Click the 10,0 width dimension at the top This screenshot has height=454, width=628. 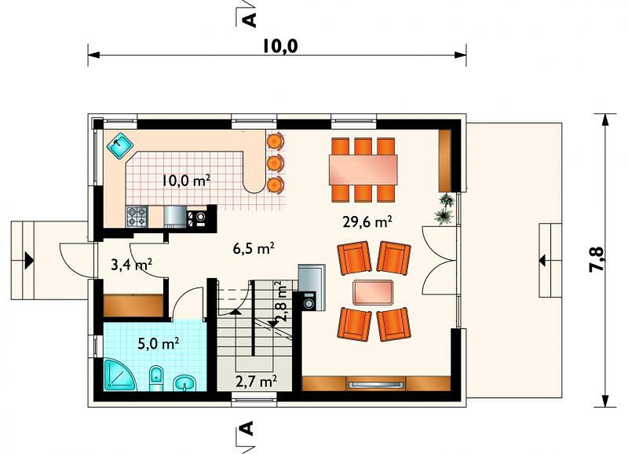click(280, 46)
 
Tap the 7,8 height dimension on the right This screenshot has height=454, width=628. click(596, 259)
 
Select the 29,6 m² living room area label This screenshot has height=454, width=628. click(367, 222)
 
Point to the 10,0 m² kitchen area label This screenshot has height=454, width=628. click(186, 181)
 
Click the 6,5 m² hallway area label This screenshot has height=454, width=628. click(254, 248)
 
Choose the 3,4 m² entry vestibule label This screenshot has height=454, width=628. click(131, 265)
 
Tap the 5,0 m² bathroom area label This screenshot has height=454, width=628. click(159, 344)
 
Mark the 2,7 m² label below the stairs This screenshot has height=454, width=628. click(257, 381)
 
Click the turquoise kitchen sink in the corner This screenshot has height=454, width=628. click(120, 145)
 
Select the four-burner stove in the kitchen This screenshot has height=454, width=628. click(137, 216)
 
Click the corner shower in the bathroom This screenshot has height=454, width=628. click(120, 375)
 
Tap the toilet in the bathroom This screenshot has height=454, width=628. click(156, 378)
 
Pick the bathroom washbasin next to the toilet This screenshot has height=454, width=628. click(185, 383)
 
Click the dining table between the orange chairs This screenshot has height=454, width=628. click(363, 170)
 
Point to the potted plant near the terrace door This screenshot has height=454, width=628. click(444, 208)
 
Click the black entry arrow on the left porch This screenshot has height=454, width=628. click(29, 261)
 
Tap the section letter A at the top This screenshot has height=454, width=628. click(250, 20)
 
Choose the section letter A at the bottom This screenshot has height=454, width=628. click(248, 427)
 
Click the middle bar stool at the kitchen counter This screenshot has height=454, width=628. click(276, 163)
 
